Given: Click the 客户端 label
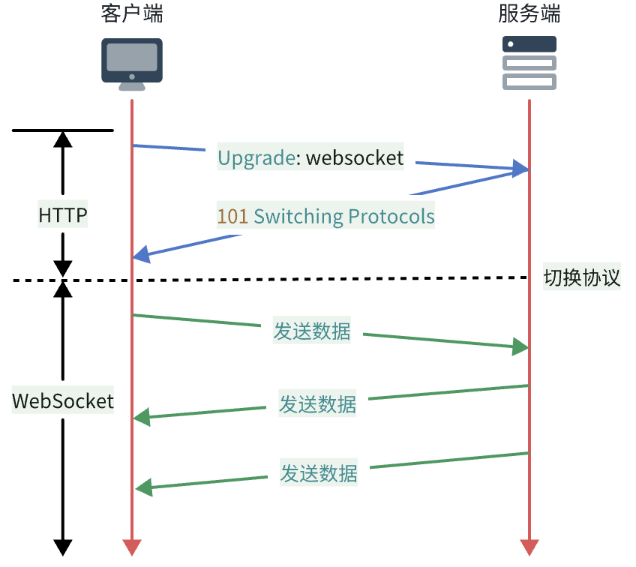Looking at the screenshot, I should (x=131, y=14).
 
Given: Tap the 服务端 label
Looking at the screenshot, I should (x=529, y=14).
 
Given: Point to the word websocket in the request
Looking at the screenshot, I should (x=355, y=158).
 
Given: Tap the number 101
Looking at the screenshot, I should (x=232, y=217).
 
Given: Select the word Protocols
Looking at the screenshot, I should (x=391, y=217).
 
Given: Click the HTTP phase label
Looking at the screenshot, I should (x=63, y=217).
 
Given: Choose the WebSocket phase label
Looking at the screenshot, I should (x=63, y=400).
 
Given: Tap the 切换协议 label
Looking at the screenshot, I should (x=582, y=278).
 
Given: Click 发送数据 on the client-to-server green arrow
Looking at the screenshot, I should (x=311, y=331).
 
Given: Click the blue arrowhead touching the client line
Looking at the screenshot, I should (x=142, y=255).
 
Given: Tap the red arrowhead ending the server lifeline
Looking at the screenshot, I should (x=529, y=547).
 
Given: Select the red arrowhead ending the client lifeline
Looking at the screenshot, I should (x=132, y=547).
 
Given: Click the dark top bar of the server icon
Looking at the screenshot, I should (x=529, y=43).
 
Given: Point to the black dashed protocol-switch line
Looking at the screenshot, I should (x=300, y=280).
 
